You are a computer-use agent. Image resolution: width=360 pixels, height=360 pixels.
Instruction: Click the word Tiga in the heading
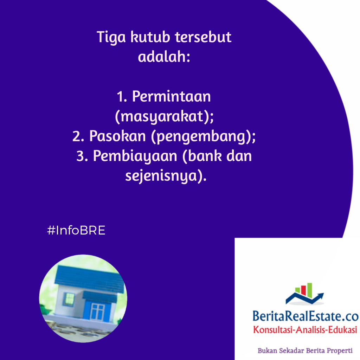click(x=111, y=37)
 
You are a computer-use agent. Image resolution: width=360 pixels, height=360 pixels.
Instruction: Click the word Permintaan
click(x=171, y=96)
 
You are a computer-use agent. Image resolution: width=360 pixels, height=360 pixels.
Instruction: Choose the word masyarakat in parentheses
click(x=162, y=116)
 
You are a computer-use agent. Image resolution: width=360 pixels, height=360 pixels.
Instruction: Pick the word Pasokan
click(x=117, y=136)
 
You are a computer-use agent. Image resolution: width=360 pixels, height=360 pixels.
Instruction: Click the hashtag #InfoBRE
click(x=76, y=230)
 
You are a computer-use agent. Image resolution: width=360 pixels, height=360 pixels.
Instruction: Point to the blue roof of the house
click(x=90, y=278)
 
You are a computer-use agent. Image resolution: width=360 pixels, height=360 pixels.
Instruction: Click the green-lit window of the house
click(x=69, y=299)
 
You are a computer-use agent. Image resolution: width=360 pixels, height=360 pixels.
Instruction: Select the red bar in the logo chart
click(x=303, y=290)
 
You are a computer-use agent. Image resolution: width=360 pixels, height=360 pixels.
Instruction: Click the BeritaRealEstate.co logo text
click(x=306, y=316)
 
